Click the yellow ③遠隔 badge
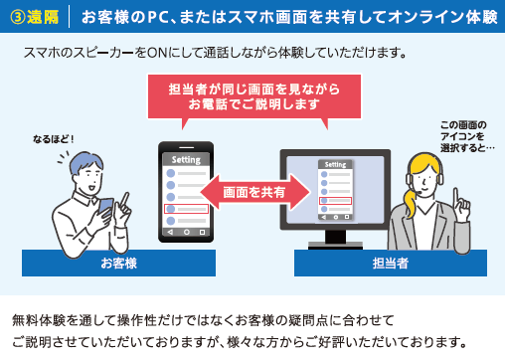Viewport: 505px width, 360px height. pos(35,18)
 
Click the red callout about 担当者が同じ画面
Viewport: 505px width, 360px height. pos(253,96)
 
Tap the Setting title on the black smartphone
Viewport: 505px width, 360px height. pos(186,159)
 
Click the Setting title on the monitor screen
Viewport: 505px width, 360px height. pos(335,165)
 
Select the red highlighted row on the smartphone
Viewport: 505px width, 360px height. pos(186,209)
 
